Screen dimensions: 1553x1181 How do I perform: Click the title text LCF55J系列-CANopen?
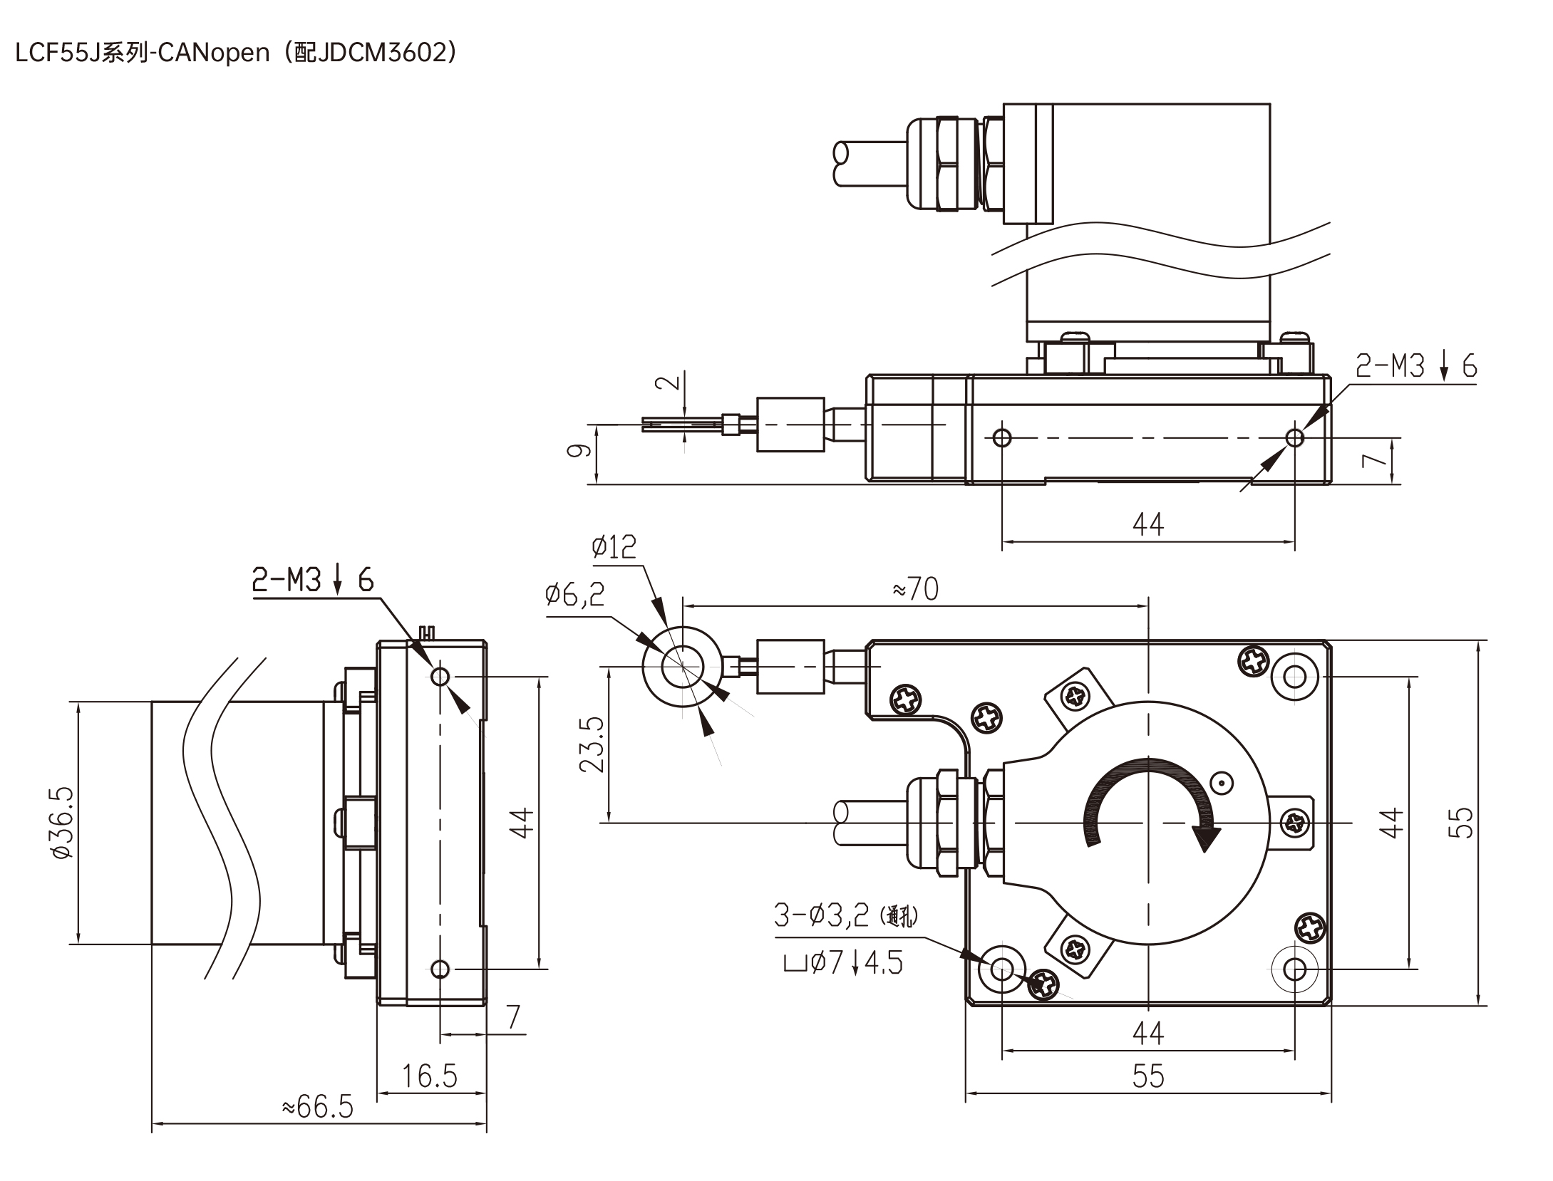(x=143, y=53)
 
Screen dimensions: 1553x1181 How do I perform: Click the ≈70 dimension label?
(x=915, y=589)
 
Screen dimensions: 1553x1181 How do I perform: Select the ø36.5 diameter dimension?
(x=61, y=823)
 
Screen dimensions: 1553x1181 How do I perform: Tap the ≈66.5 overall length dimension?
(x=318, y=1107)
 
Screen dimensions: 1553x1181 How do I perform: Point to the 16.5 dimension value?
(x=430, y=1076)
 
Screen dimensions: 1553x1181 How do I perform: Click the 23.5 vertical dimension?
(x=592, y=744)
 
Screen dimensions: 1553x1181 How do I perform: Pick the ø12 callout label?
(x=614, y=547)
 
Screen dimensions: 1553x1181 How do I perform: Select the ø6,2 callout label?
(x=574, y=593)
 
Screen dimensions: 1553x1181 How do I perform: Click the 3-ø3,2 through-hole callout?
(x=845, y=915)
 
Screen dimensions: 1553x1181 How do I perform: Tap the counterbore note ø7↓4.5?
(x=843, y=963)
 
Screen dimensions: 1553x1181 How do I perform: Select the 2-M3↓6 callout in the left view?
(x=313, y=581)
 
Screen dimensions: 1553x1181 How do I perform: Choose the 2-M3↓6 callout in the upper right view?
(x=1416, y=366)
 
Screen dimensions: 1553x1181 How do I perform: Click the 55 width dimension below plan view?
(x=1148, y=1076)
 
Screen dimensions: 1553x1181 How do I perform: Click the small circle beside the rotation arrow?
(x=1222, y=784)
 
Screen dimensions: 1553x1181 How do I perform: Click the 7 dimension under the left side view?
(x=514, y=1016)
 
